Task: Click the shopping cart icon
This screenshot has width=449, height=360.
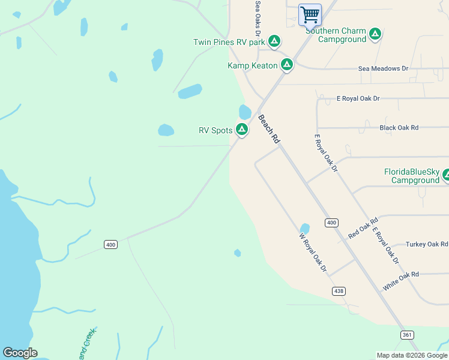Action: [x=310, y=14]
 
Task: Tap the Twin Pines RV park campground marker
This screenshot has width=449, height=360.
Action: [x=274, y=41]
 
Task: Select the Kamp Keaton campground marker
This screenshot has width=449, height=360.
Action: [x=287, y=64]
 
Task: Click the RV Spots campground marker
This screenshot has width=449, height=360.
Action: [x=242, y=129]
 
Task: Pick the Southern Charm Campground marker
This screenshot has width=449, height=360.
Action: [x=375, y=34]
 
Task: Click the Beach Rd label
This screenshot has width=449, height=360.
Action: [x=269, y=129]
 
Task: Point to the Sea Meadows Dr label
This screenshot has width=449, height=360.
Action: [x=383, y=69]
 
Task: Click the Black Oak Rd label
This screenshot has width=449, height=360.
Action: [x=399, y=128]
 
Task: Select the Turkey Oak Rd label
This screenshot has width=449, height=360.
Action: [x=427, y=244]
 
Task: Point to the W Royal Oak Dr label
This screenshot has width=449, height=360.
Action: [x=313, y=253]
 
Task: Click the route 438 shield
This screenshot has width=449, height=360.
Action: [x=339, y=291]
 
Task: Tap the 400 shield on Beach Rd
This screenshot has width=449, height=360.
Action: [x=331, y=223]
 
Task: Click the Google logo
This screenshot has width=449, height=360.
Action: [x=20, y=353]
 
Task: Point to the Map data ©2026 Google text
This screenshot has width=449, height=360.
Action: [x=412, y=355]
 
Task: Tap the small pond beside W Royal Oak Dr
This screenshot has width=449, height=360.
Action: [x=304, y=229]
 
